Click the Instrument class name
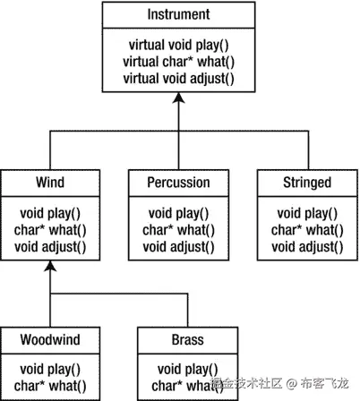178,15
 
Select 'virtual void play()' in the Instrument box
178,45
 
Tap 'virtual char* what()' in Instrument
178,61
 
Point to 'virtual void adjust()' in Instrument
178,77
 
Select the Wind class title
50,183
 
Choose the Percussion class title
178,183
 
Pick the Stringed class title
306,183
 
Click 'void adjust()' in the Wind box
50,245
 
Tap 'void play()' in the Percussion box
178,213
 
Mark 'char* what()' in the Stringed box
306,229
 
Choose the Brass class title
187,340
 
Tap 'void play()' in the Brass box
187,370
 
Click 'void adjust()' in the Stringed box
306,245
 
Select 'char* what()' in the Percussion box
178,229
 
